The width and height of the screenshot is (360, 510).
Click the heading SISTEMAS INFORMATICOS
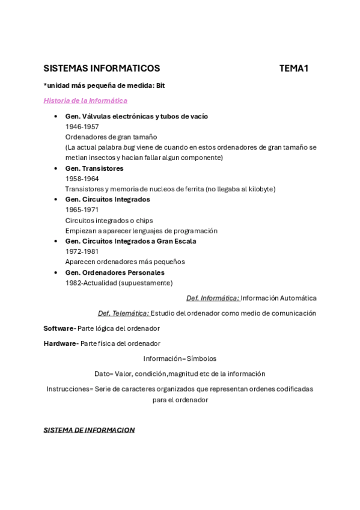[102, 69]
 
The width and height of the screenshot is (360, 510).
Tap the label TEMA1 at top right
[293, 69]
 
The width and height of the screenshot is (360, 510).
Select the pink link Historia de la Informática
[85, 100]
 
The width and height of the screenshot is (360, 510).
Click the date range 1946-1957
[82, 126]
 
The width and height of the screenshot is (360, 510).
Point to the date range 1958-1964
[82, 179]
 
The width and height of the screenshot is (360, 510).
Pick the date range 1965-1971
[82, 210]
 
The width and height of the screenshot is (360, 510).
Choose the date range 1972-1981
[82, 251]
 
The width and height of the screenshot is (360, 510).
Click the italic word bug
[129, 147]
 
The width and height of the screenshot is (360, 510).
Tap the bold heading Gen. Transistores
[94, 168]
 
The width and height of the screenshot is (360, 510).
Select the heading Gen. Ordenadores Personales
[115, 272]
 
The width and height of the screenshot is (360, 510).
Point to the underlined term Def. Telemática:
[123, 313]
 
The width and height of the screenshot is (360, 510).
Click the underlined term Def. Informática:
[212, 298]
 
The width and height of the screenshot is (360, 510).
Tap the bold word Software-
[59, 328]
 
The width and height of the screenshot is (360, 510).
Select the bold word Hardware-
[61, 343]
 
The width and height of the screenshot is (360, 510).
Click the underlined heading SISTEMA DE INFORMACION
[89, 430]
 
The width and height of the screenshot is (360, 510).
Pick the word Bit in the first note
[160, 85]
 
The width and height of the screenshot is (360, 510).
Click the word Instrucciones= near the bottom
[70, 389]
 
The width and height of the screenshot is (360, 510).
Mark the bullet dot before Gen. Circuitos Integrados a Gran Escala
[55, 241]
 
